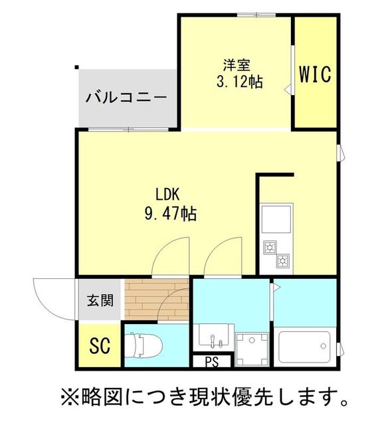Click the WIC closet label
pos(314,74)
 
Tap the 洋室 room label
pos(237,65)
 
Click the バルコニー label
pos(126,98)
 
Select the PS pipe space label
pos(211,363)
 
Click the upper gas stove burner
pos(271,248)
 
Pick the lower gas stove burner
pos(282,260)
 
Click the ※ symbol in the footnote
pos(68,398)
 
